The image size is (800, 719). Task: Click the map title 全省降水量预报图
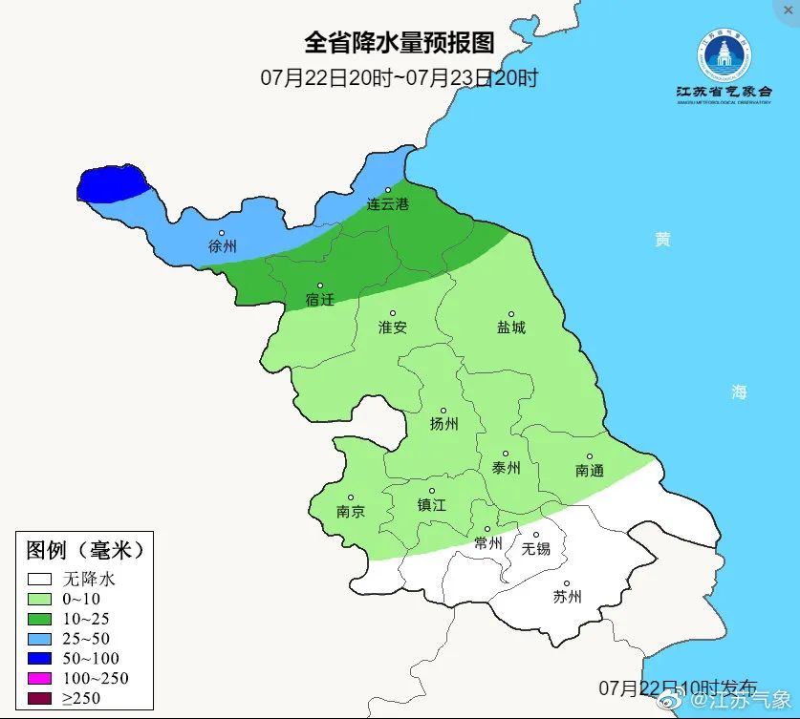[x=399, y=43]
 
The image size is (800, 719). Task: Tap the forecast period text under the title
[x=399, y=77]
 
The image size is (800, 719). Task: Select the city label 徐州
[x=222, y=245]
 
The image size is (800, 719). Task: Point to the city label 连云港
[x=387, y=204]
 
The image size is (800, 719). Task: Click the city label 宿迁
[x=319, y=299]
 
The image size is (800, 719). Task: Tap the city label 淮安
[x=392, y=327]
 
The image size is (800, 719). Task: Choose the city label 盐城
[x=510, y=327]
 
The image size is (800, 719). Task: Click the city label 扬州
[x=443, y=423]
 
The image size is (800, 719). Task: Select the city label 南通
[x=590, y=470]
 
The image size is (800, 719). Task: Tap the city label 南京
[x=351, y=511]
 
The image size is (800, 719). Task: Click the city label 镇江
[x=432, y=504]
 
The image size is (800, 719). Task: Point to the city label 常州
[x=487, y=543]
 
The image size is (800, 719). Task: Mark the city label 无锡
[x=535, y=548]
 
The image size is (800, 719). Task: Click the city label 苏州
[x=567, y=597]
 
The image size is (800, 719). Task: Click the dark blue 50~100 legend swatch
[x=39, y=658]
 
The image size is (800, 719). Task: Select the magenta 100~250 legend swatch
[x=39, y=678]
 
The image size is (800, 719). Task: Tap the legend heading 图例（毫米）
[x=85, y=550]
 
